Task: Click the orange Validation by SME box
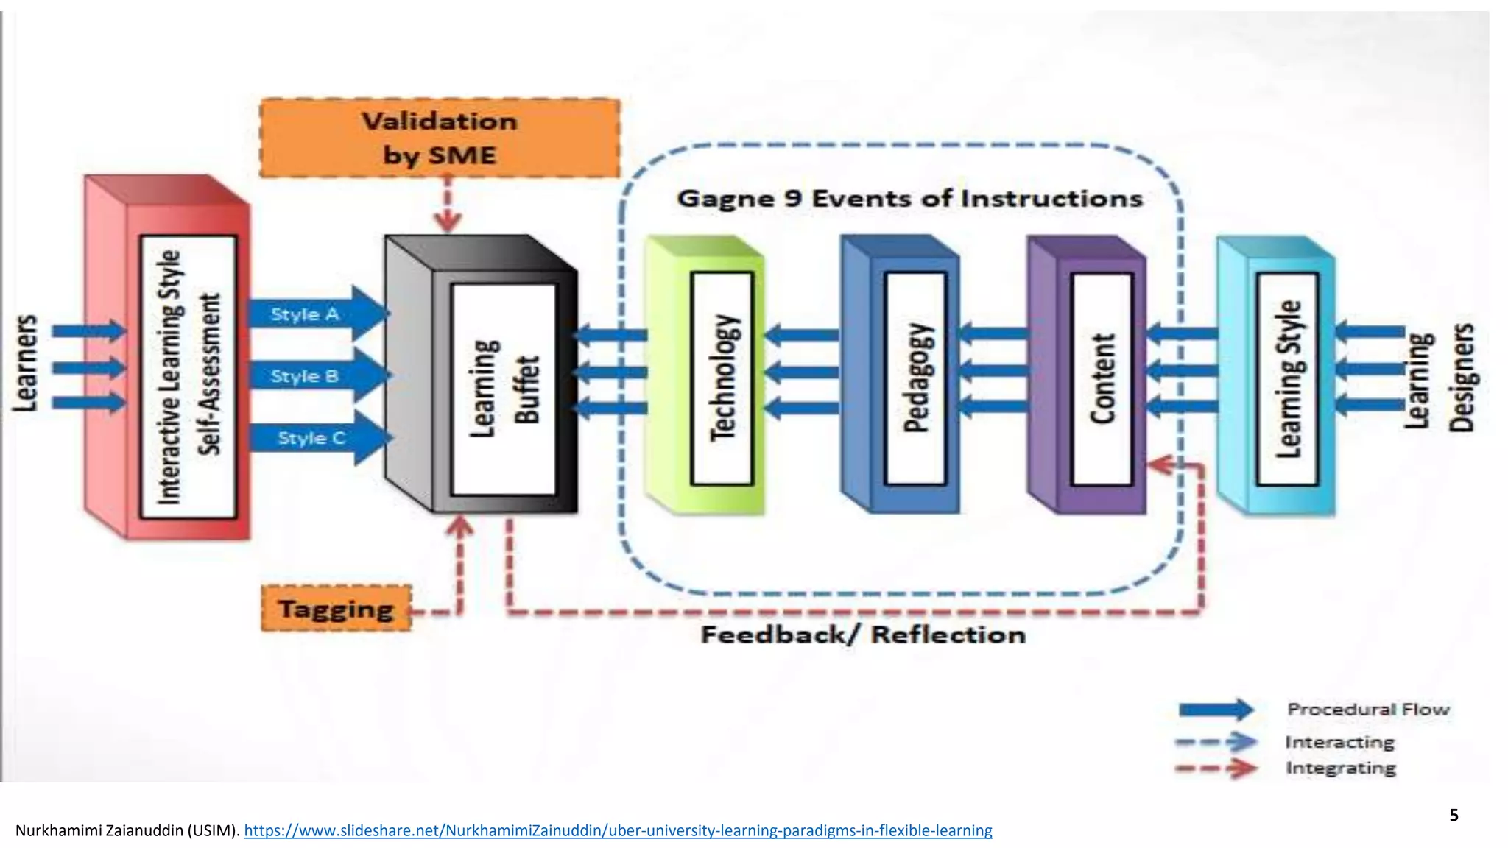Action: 440,138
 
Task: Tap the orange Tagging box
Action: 336,609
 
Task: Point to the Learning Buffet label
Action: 504,389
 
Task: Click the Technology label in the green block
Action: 722,378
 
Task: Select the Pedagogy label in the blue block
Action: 915,378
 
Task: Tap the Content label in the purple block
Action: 1102,378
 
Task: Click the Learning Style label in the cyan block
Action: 1287,378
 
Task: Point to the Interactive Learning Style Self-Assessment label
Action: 188,377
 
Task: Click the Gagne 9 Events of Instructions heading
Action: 909,199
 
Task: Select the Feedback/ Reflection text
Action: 863,635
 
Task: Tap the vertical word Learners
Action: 25,363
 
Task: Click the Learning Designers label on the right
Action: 1440,378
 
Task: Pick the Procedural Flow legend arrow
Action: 1215,710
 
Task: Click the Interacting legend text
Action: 1339,742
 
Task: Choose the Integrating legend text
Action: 1340,768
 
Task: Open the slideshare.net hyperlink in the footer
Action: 618,830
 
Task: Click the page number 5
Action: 1454,815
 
